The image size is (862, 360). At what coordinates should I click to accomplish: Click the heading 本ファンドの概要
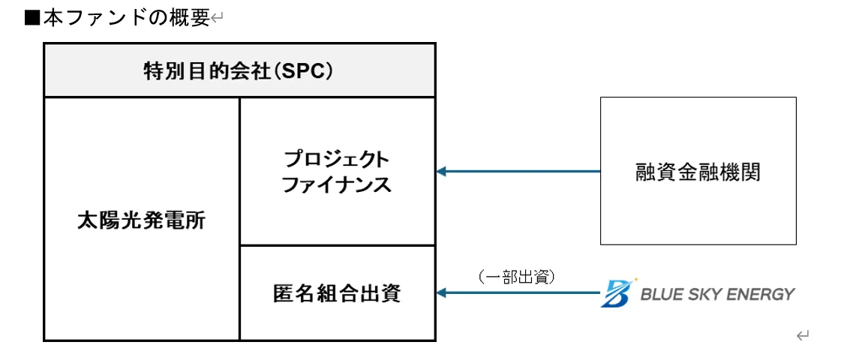point(126,18)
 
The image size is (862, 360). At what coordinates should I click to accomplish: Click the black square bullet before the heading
point(32,18)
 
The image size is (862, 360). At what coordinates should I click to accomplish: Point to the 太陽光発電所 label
point(142,220)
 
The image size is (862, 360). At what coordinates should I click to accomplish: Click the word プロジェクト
point(337,159)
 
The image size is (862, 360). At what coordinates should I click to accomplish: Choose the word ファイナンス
point(337,184)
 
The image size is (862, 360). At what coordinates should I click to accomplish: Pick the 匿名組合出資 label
point(337,293)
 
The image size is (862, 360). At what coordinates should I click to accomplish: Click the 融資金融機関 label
point(698,172)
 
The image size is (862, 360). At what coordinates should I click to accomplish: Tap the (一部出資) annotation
point(516,277)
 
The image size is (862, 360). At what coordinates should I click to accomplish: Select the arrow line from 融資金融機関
point(525,172)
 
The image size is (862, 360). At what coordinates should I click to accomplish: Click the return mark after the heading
point(218,19)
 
